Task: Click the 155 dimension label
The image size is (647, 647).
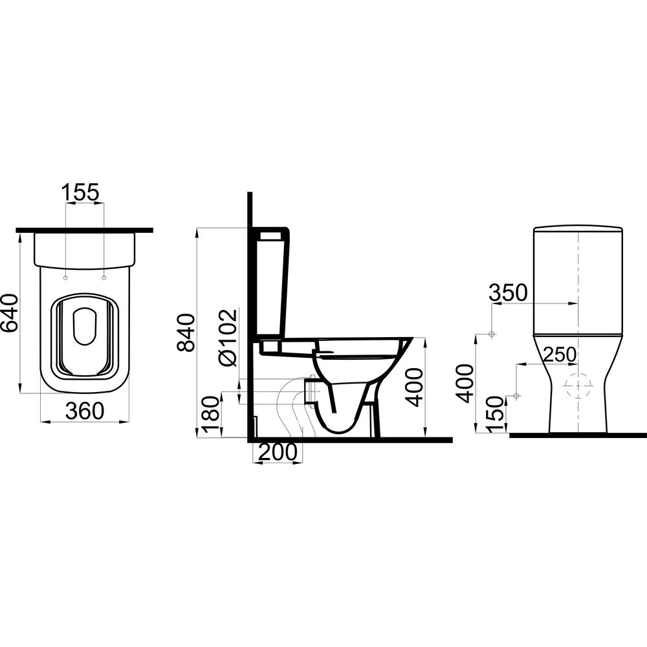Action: click(x=80, y=193)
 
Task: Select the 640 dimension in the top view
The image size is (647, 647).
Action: click(x=10, y=313)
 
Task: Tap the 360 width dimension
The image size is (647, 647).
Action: click(x=85, y=411)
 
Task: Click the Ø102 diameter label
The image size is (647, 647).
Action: click(x=228, y=337)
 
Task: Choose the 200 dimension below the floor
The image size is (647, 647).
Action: click(x=278, y=452)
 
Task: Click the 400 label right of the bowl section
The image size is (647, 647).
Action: click(x=414, y=387)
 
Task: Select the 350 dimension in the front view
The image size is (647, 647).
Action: click(x=509, y=292)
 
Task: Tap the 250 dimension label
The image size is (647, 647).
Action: click(x=560, y=354)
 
